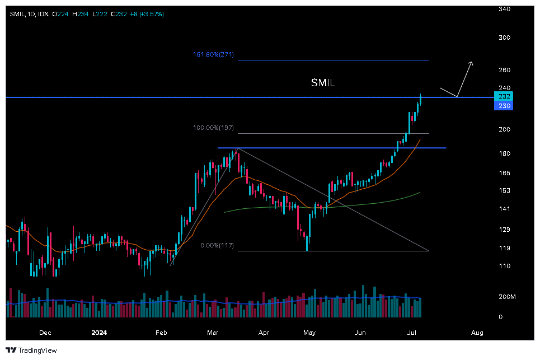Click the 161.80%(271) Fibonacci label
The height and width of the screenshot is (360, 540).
point(213,55)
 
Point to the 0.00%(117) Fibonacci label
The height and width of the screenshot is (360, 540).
point(217,246)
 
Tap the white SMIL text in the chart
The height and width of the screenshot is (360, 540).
point(323,83)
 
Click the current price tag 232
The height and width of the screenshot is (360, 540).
point(504,96)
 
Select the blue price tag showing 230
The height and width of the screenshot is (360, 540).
point(504,106)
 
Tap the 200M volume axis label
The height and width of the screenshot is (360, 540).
point(507,297)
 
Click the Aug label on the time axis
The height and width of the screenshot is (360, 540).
point(477,333)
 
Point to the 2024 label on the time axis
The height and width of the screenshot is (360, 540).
point(98,333)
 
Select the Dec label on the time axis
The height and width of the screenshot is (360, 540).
point(45,333)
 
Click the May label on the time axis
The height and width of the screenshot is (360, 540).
point(309,333)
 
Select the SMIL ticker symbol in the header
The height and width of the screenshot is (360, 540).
point(17,14)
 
